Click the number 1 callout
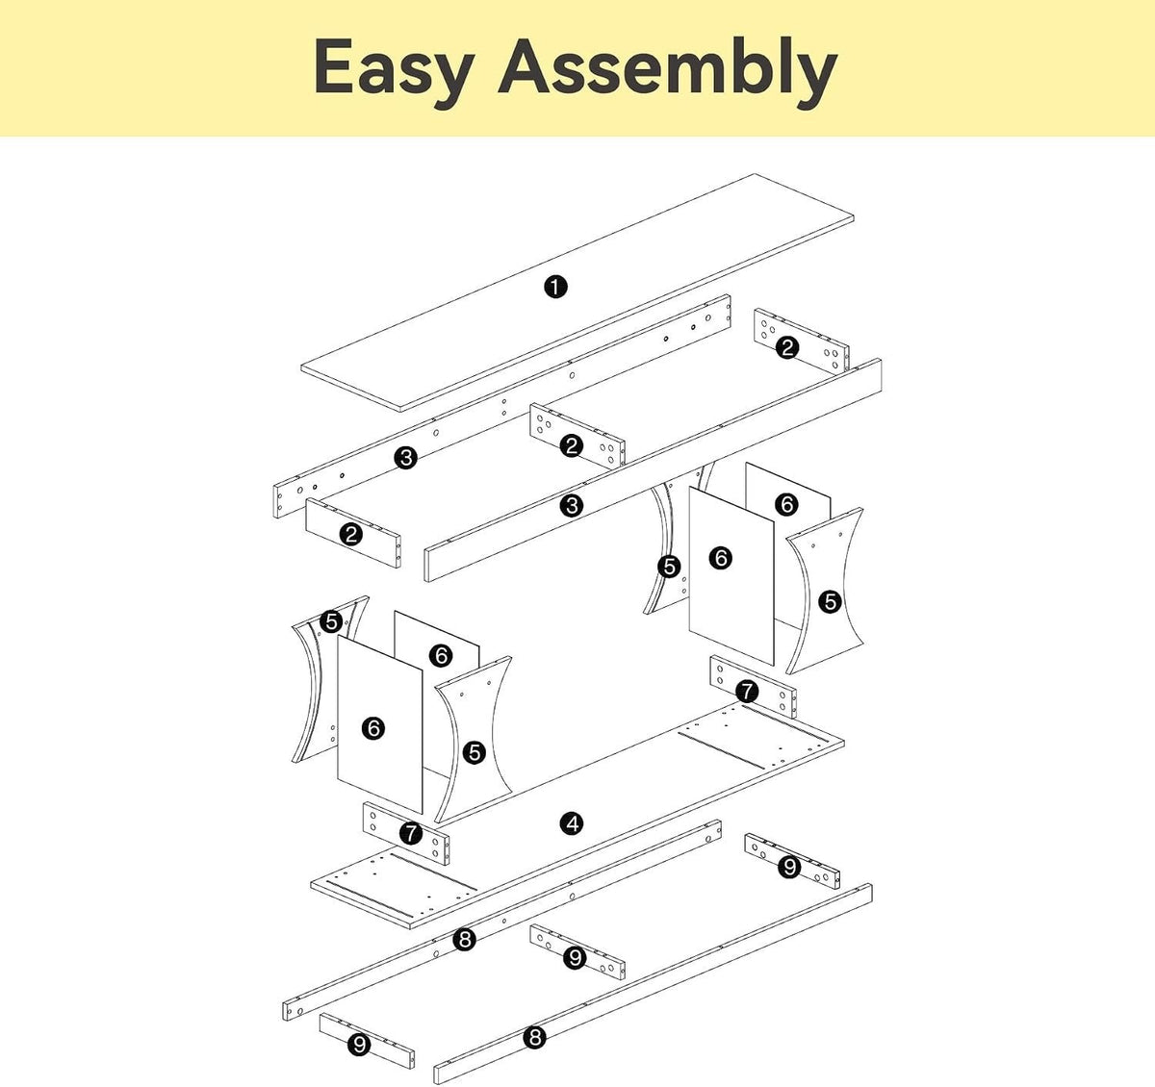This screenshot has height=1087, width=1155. coord(555,287)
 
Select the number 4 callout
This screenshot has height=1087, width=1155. coord(572,823)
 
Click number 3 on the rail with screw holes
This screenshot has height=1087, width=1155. coord(405,458)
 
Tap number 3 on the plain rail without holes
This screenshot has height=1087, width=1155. coord(572,506)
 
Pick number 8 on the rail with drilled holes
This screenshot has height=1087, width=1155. coord(464,939)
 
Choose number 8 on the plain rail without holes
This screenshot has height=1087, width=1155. coord(535,1036)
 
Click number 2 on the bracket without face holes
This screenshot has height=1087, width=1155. coord(350,535)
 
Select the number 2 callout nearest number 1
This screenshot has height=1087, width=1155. coord(572,445)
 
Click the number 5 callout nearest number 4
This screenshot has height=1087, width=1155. coord(475,753)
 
